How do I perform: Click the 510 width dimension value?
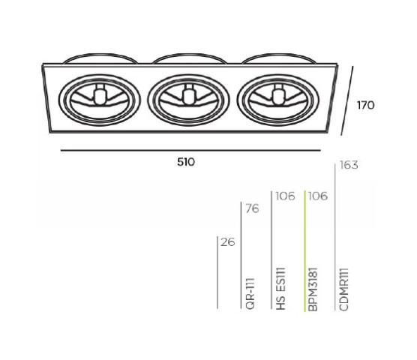point(186,162)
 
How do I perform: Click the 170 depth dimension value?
point(366,105)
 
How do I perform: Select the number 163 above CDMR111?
point(349,165)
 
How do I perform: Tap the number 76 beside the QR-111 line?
point(252,208)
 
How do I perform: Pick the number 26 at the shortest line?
point(228,242)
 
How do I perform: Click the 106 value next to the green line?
point(318,196)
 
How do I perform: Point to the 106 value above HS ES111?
point(285,196)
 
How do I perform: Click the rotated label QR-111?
point(250,294)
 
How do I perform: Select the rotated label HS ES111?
point(280,289)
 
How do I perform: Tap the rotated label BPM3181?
point(313,289)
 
